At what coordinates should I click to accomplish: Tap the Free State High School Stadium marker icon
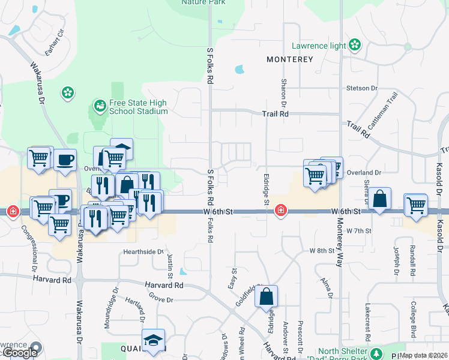100,107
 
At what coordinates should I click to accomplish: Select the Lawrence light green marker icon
355,45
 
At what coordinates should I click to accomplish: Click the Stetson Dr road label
362,88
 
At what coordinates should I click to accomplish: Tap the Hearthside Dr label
143,251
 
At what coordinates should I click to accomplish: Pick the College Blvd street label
414,318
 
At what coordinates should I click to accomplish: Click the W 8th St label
320,250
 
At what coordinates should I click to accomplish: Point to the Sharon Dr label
283,90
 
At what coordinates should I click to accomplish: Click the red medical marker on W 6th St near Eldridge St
280,211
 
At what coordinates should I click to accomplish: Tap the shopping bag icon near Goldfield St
267,296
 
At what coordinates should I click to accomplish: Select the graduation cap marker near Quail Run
153,340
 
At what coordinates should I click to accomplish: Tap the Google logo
19,353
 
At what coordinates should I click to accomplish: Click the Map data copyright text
423,355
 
